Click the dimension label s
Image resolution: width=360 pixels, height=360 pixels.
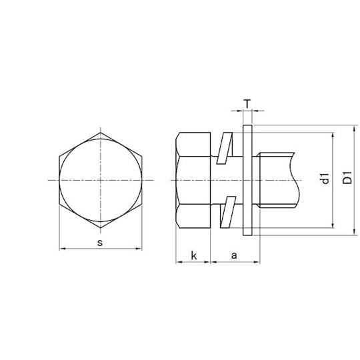(100, 242)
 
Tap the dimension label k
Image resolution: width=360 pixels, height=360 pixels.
(193, 255)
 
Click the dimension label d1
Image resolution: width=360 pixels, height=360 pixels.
(325, 180)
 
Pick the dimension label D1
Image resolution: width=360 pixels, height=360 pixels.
(345, 180)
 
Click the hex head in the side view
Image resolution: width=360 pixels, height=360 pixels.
(193, 180)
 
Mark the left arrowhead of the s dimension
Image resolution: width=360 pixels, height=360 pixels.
(61, 249)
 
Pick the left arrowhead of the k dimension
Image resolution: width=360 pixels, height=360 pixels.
(177, 262)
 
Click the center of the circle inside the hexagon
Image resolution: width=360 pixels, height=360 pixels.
(101, 181)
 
